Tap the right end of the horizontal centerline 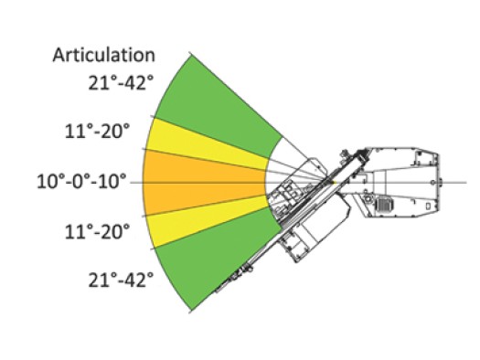pos(452,183)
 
